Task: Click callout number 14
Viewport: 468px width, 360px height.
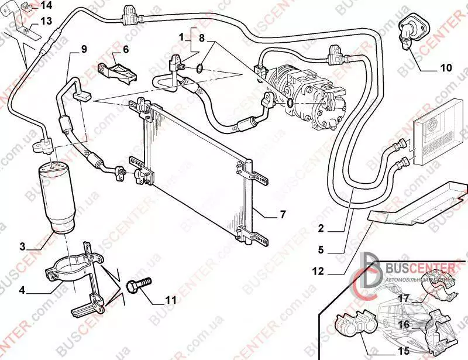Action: tap(46, 6)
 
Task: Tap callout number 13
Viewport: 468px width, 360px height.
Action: tap(46, 21)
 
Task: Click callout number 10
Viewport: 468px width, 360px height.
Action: tap(446, 68)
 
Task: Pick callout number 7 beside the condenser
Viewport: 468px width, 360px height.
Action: tap(283, 215)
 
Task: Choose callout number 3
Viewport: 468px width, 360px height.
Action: tap(22, 246)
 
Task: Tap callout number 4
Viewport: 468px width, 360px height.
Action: tap(22, 290)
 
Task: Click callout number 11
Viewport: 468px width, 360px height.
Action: tap(170, 300)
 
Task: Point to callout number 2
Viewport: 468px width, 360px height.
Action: tap(321, 229)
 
